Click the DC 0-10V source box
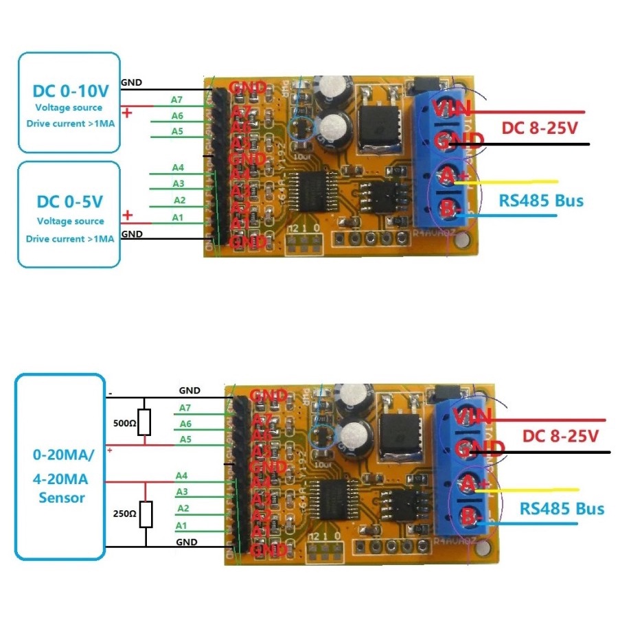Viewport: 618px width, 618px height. (x=69, y=102)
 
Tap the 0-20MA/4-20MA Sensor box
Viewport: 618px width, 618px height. (x=60, y=467)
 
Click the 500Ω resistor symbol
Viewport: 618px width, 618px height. (x=144, y=423)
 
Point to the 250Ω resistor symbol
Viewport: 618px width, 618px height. (x=146, y=514)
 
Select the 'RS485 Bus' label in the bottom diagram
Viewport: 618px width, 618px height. (x=562, y=508)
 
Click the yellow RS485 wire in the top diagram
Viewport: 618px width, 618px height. (x=515, y=182)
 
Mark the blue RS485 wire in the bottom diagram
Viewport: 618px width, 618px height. (x=529, y=523)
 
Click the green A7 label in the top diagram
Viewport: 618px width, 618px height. (x=177, y=100)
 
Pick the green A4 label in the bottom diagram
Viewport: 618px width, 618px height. (x=181, y=475)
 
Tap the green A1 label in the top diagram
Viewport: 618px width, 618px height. (x=179, y=217)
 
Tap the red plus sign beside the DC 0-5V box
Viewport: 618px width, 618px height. (x=128, y=216)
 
